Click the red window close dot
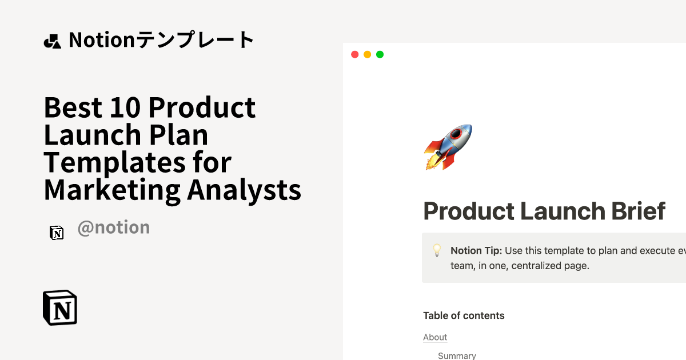[x=354, y=54]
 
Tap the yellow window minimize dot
[x=367, y=54]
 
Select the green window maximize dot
[x=380, y=54]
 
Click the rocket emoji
[x=448, y=147]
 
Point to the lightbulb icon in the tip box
[x=437, y=250]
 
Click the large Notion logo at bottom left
[x=60, y=308]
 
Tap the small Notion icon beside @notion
[x=56, y=233]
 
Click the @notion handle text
[x=113, y=227]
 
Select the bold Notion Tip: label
[x=476, y=250]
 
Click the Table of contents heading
[x=464, y=315]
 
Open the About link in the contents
[x=435, y=337]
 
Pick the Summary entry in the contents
[x=457, y=355]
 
